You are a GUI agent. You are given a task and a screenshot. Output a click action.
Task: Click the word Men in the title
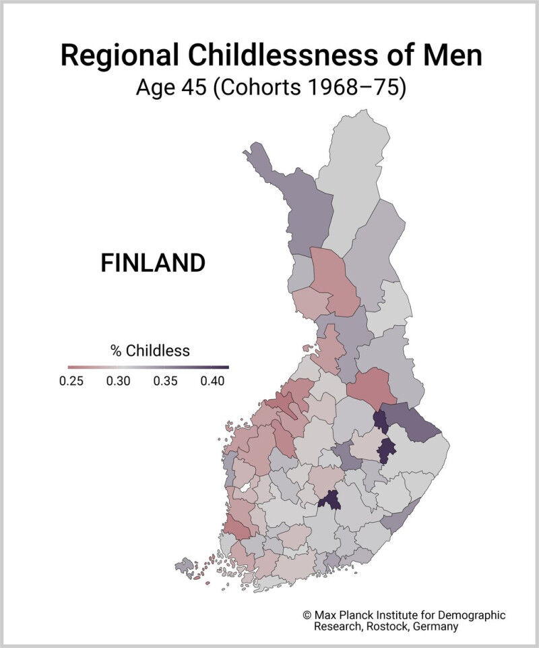tap(455, 55)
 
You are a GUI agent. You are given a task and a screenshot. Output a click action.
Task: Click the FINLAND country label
tap(152, 263)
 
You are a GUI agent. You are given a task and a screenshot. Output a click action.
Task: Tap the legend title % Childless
tap(150, 351)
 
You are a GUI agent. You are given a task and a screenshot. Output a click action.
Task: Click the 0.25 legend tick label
tap(71, 381)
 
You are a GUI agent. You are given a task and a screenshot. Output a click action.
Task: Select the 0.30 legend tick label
tap(119, 381)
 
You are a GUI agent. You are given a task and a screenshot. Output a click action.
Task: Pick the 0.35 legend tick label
tap(165, 381)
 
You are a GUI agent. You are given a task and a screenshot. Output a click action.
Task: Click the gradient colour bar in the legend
tap(143, 367)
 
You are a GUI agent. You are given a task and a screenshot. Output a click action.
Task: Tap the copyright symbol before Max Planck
tap(307, 616)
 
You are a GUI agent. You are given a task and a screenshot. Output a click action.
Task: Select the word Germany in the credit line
tap(434, 626)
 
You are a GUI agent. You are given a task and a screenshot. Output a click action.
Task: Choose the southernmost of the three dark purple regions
tap(329, 500)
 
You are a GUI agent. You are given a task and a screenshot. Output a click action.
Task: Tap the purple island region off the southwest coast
tap(184, 565)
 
